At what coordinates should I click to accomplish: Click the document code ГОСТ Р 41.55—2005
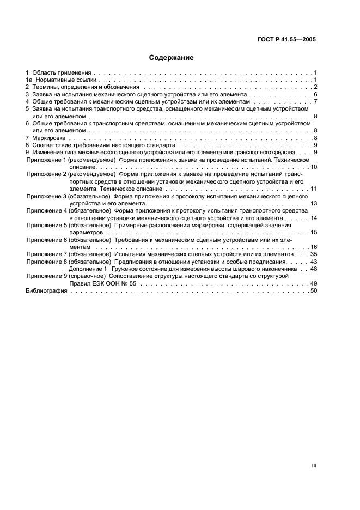point(288,40)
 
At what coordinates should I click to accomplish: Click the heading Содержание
point(172,57)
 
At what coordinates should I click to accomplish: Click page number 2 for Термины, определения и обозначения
point(315,87)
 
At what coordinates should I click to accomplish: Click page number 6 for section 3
point(315,94)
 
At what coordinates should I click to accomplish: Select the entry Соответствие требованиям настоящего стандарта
point(103,146)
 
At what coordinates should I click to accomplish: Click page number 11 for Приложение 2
point(313,189)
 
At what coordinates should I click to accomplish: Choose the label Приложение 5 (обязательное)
point(69,225)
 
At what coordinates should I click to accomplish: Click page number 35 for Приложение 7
point(313,254)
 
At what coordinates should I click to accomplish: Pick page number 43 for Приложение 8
point(313,262)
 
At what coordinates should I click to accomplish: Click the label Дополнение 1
point(87,269)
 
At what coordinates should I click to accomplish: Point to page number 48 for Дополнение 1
point(313,269)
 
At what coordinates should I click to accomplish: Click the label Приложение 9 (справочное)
point(67,276)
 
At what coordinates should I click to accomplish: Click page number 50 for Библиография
point(313,291)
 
